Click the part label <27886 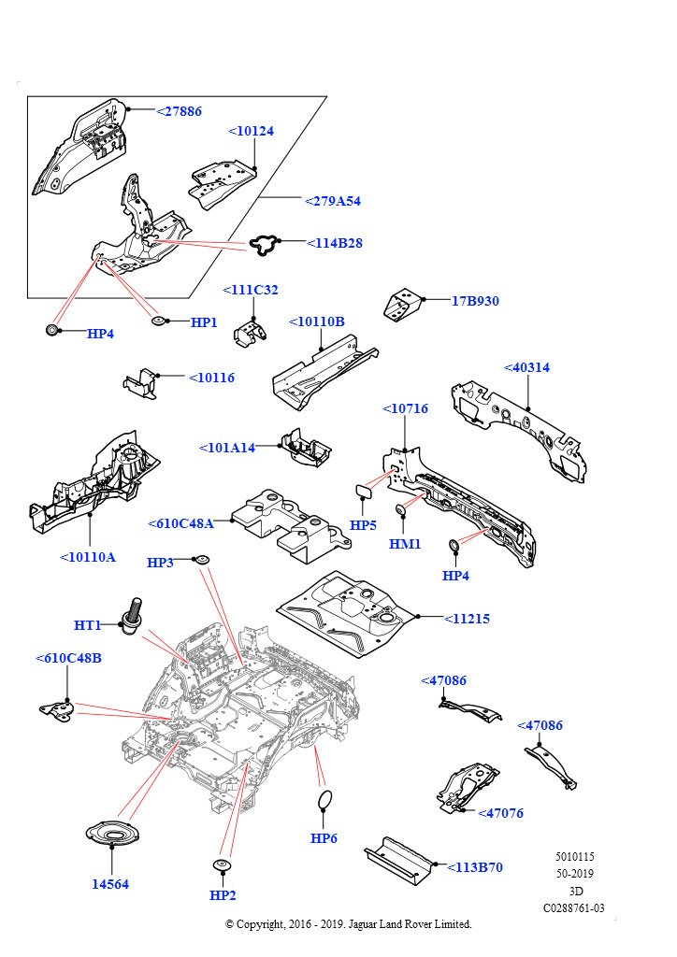coord(179,110)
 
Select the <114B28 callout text coord(335,243)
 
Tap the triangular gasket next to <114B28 coord(266,245)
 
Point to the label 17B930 coord(475,301)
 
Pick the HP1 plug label coord(204,322)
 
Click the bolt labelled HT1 coord(133,614)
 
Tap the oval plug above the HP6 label coord(324,800)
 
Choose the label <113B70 coord(474,867)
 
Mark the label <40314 coord(526,367)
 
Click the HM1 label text coord(405,544)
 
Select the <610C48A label coord(180,523)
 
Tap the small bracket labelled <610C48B coord(57,709)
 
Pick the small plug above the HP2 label coord(223,864)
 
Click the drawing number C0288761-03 coord(573,907)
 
